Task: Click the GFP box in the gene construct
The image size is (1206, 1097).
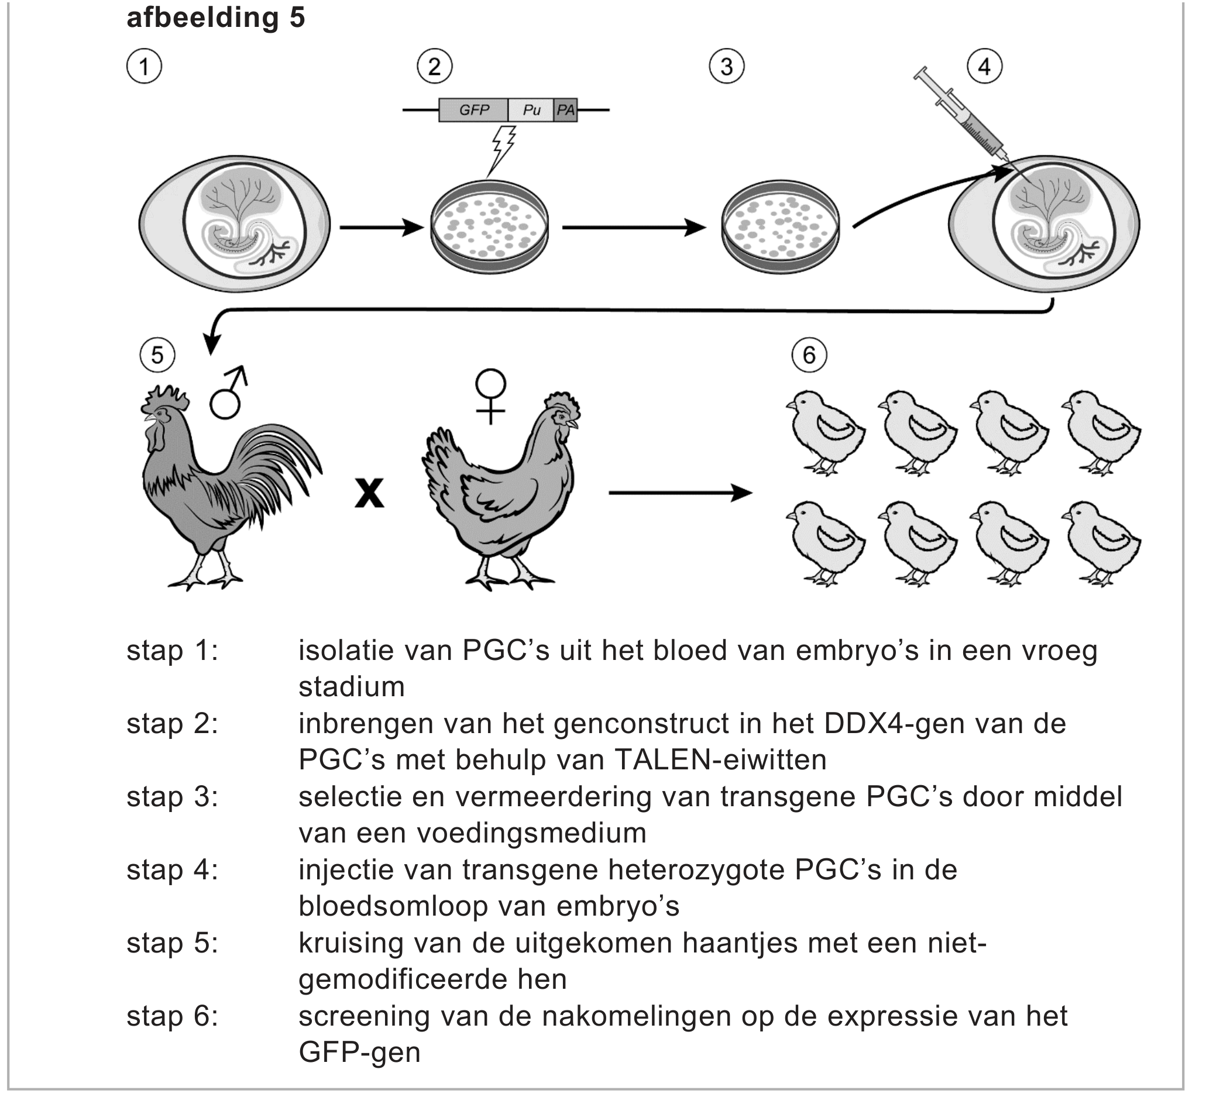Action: (473, 111)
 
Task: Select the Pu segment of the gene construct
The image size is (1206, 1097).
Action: (531, 111)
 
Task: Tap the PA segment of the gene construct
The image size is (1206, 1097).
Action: (565, 111)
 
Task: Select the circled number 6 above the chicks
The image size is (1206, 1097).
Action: (809, 355)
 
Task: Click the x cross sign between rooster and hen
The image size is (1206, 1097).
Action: (369, 493)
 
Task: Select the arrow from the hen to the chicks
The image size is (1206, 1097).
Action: (680, 493)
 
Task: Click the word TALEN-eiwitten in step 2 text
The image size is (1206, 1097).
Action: (720, 760)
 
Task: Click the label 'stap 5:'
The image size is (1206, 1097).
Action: (172, 943)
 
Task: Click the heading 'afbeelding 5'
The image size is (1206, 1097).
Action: (216, 18)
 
